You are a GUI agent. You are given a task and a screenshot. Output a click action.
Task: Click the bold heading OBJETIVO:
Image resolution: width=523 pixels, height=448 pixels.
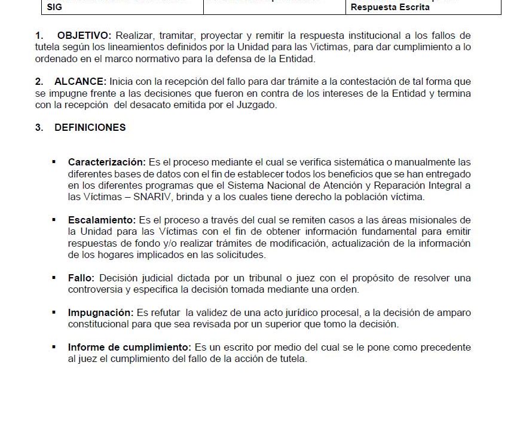[x=84, y=36]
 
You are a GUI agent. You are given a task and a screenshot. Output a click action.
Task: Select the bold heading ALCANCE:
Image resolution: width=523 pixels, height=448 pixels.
[x=80, y=81]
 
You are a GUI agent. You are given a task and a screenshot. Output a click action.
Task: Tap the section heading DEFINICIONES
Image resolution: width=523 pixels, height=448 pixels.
[x=90, y=127]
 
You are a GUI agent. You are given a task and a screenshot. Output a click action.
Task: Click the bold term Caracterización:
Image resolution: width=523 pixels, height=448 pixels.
[x=106, y=162]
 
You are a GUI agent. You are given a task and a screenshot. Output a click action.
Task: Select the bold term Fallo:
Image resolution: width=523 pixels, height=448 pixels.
[x=81, y=278]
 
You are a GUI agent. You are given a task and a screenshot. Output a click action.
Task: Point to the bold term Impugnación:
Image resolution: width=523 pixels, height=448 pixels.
[x=100, y=312]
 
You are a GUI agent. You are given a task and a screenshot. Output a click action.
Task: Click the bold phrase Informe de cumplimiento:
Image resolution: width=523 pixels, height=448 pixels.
[x=130, y=347]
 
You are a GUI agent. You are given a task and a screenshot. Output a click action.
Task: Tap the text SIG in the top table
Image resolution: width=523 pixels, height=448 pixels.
[x=54, y=8]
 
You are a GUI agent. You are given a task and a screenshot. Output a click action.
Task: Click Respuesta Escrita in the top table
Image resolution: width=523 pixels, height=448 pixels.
[x=390, y=8]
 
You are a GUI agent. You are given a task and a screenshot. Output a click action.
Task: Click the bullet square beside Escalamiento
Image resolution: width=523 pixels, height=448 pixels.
[x=54, y=220]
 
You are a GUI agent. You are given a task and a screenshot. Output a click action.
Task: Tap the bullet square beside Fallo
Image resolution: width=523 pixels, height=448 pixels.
[x=54, y=278]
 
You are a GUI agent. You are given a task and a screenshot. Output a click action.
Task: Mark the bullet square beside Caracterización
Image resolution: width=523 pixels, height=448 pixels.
[x=54, y=162]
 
